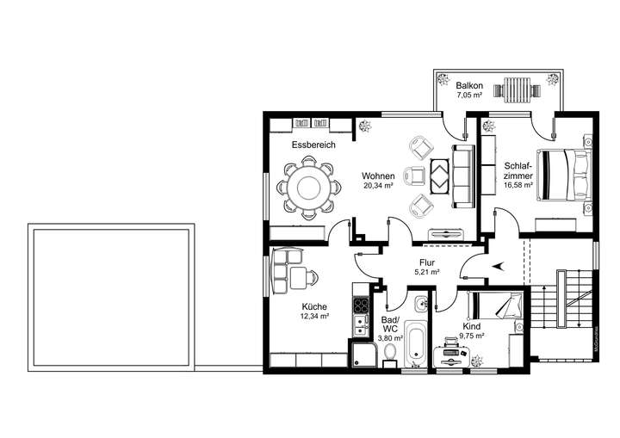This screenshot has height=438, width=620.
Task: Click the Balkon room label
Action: [469, 86]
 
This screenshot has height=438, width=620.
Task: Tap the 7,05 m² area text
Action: [469, 96]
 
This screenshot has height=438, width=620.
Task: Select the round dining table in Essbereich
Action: [307, 187]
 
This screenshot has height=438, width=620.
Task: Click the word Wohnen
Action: [377, 176]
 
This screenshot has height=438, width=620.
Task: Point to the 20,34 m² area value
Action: [377, 186]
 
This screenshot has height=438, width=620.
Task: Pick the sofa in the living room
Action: [463, 176]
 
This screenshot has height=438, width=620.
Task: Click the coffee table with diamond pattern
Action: [439, 176]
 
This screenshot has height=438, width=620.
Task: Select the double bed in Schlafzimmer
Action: [565, 175]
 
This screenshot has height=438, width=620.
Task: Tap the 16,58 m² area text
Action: [518, 185]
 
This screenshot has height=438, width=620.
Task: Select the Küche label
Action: [313, 306]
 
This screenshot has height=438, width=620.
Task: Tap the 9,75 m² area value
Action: [471, 337]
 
